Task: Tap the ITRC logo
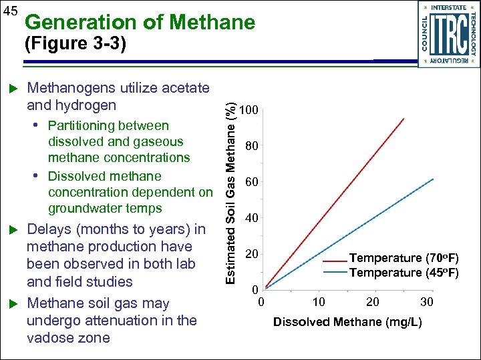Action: (448, 33)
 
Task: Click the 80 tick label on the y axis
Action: (251, 146)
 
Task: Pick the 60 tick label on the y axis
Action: (251, 182)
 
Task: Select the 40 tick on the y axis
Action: (251, 218)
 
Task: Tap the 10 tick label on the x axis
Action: (319, 302)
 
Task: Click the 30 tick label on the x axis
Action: (426, 302)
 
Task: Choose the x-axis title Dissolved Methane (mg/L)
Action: (347, 322)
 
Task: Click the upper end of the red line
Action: (404, 119)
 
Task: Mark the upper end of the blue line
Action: (433, 179)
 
